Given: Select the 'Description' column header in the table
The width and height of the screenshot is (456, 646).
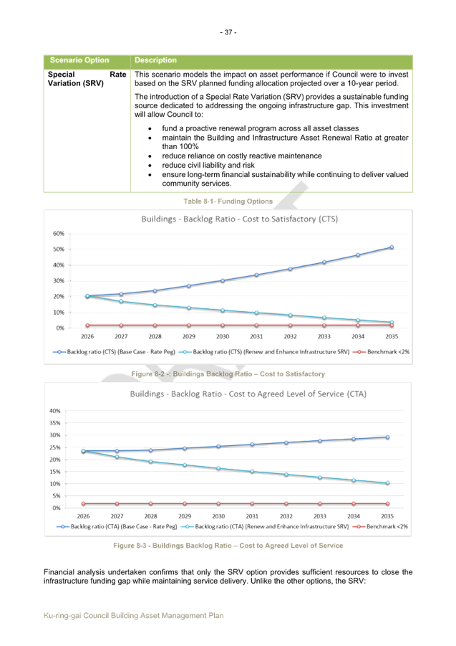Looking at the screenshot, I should [155, 61].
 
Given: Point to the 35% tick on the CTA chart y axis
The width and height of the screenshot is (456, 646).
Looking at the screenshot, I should [54, 423].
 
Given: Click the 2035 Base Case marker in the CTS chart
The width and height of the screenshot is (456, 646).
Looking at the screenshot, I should [391, 247].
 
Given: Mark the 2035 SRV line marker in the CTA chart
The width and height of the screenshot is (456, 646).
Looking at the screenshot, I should [388, 483].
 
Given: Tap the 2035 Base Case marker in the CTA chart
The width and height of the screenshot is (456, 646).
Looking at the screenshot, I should [388, 437].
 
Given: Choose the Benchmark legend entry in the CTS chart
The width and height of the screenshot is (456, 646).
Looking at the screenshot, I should [384, 352].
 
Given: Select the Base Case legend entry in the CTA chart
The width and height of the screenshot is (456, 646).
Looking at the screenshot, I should [118, 526].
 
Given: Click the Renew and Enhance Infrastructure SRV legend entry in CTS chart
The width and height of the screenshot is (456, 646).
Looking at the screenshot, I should [265, 352].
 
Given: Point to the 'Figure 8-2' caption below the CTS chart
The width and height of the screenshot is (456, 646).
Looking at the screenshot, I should [228, 374].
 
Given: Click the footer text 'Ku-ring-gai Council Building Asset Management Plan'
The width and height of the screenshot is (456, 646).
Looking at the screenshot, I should [134, 615].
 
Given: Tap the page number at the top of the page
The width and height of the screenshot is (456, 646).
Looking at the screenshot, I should [228, 32].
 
